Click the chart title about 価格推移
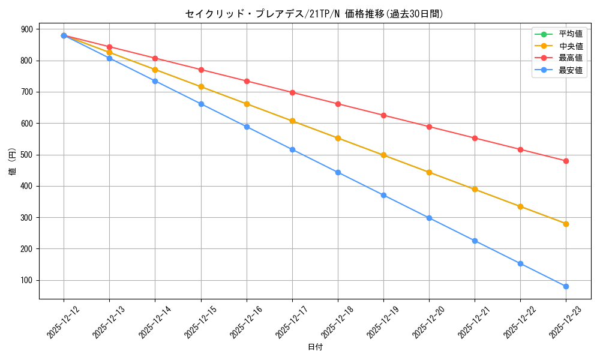point(314,14)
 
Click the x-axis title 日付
point(315,347)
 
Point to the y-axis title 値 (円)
point(13,163)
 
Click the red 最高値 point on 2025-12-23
point(566,161)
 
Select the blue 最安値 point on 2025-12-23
point(566,286)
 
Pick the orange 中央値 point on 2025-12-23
point(566,224)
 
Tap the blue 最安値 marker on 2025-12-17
point(292,149)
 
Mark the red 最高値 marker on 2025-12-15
point(201,70)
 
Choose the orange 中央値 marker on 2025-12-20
point(429,172)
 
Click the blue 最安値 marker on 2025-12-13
point(109,58)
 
